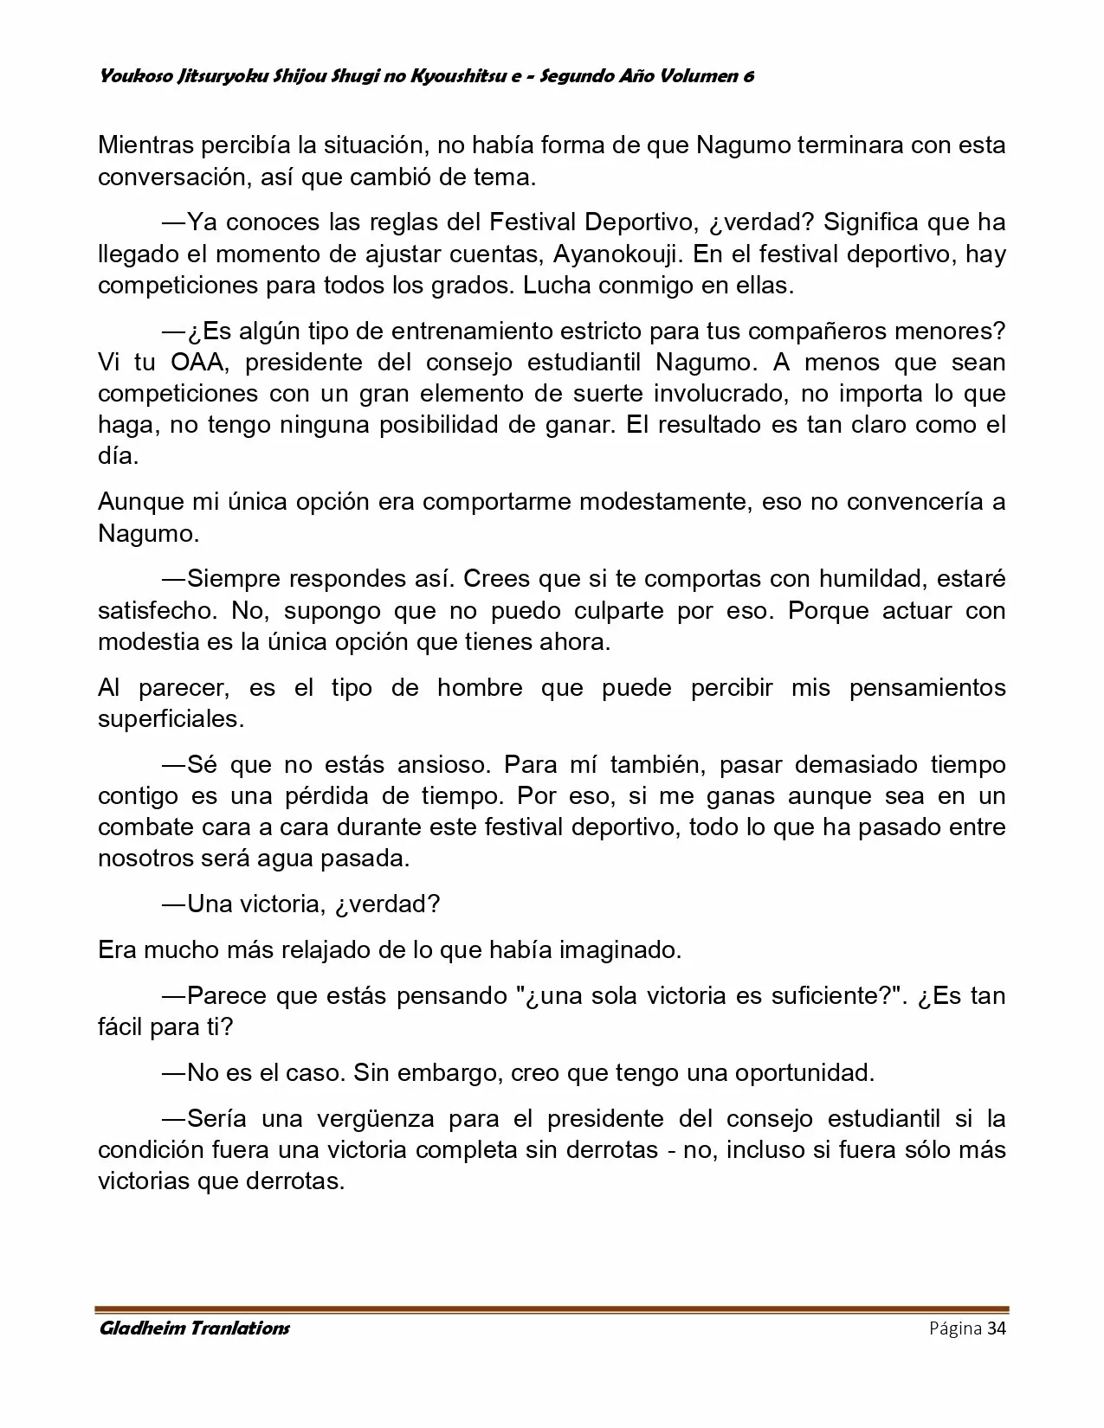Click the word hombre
click(x=480, y=688)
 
